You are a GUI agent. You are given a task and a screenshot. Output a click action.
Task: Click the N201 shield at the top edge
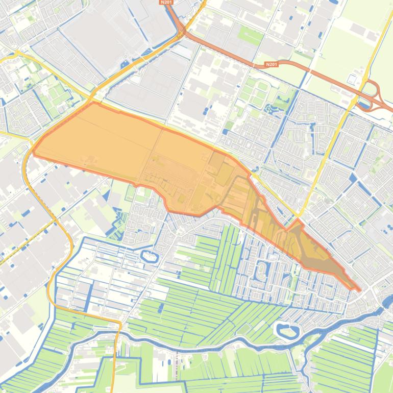(x=167, y=3)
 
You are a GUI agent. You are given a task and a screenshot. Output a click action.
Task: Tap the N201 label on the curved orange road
(x=271, y=65)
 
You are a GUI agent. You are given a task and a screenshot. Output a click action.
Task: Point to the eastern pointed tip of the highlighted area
(x=359, y=290)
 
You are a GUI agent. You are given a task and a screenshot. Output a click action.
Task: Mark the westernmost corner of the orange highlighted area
(x=34, y=151)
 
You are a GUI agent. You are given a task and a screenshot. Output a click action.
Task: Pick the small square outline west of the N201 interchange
(x=352, y=80)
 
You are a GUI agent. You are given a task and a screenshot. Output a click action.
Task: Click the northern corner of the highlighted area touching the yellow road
(x=93, y=103)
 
